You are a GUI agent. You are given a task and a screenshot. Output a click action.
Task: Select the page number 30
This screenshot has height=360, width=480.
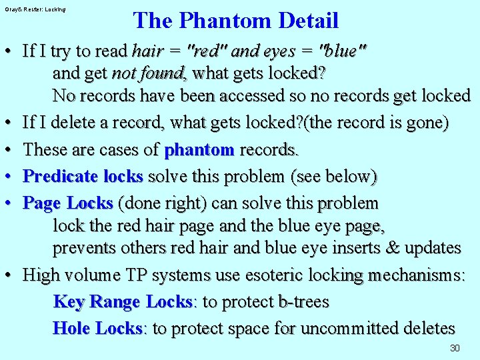(x=455, y=348)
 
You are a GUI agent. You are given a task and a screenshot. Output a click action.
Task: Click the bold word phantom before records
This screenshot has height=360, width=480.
(x=199, y=150)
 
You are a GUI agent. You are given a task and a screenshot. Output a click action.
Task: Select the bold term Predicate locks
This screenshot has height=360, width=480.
(x=83, y=177)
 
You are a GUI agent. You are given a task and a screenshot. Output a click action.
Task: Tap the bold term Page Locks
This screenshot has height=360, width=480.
(x=68, y=203)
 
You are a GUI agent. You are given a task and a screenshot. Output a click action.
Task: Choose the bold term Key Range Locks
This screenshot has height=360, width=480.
(x=123, y=302)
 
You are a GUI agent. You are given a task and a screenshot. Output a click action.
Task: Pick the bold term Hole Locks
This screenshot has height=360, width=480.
(x=97, y=329)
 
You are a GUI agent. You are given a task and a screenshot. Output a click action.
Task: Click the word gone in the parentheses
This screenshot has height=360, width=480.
(x=425, y=123)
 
